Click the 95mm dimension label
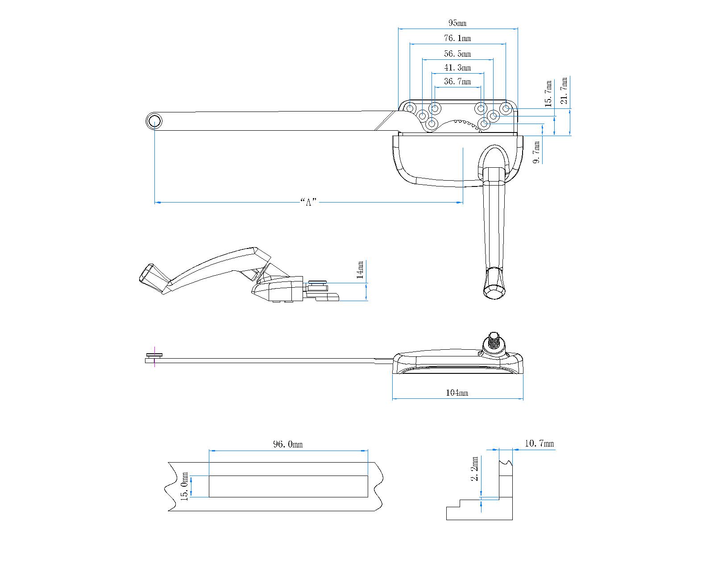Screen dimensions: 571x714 click(457, 23)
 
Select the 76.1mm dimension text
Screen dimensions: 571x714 click(457, 38)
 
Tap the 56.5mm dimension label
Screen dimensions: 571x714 click(457, 54)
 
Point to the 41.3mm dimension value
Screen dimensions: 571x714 click(457, 68)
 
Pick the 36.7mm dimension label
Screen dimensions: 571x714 click(457, 82)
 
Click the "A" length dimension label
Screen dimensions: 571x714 click(308, 202)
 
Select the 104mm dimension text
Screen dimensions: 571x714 click(457, 393)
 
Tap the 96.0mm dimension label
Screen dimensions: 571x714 click(287, 444)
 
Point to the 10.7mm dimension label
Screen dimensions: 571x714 click(539, 443)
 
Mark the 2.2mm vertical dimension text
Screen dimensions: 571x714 click(475, 468)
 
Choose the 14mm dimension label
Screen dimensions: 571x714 click(361, 270)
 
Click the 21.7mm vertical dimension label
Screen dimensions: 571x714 click(565, 91)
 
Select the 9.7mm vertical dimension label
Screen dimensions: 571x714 click(537, 153)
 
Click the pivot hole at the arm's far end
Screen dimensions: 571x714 click(154, 121)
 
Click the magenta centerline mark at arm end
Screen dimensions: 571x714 click(154, 356)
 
